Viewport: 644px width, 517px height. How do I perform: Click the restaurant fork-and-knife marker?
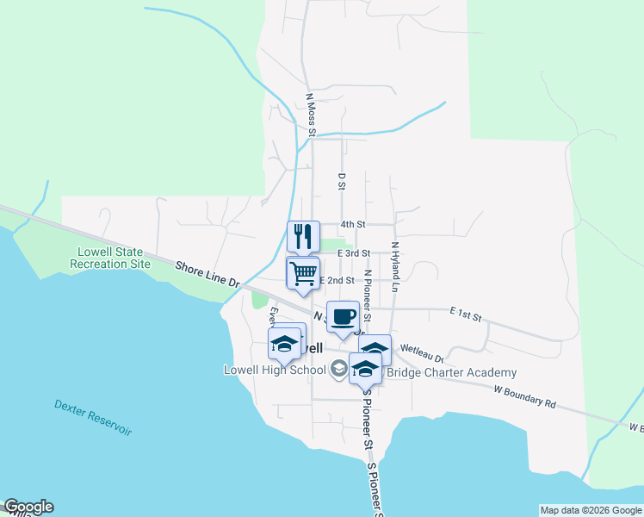click(303, 235)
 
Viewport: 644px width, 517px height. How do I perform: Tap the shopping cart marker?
click(303, 273)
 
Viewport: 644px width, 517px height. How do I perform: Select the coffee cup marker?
click(343, 316)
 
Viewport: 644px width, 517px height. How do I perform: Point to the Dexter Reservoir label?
click(93, 417)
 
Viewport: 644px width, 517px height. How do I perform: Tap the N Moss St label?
click(312, 115)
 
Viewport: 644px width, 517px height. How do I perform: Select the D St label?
click(342, 182)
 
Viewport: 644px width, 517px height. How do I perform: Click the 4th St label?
click(353, 224)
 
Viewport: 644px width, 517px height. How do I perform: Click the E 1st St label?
click(465, 315)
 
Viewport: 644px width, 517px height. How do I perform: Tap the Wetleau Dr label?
click(422, 352)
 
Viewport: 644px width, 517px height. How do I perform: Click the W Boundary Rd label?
click(525, 396)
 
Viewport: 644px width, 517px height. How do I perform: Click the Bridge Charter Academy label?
click(451, 372)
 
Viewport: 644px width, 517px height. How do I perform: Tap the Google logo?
click(28, 507)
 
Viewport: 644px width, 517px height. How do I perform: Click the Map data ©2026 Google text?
click(590, 510)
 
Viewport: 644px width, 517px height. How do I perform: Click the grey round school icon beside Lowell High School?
click(338, 369)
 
